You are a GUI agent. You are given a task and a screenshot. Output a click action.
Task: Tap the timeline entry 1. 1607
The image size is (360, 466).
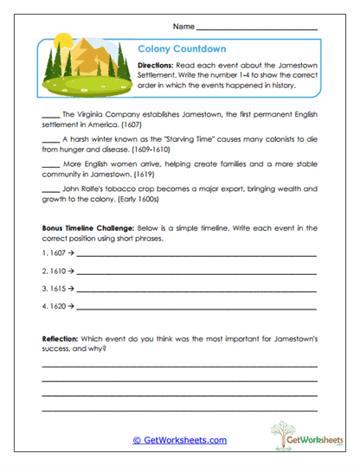coord(57,256)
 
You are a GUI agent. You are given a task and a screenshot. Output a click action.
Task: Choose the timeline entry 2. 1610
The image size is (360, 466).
coord(57,272)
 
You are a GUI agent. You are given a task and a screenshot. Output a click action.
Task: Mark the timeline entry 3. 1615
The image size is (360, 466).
coord(57,289)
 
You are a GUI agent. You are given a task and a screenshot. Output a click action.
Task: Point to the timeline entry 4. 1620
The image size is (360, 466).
coord(57,306)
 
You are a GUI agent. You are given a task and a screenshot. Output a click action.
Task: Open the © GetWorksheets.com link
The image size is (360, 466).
coord(179,440)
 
